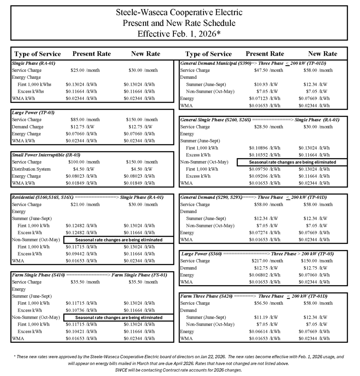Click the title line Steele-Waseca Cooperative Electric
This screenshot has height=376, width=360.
pos(179,12)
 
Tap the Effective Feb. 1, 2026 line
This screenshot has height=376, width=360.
pos(179,34)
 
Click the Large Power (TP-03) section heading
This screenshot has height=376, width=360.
pos(33,113)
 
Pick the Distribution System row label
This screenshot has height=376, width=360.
pos(31,169)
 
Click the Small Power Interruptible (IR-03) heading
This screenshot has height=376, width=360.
pos(46,155)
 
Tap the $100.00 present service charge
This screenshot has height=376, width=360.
pos(78,162)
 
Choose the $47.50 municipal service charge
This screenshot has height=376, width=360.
pos(263,70)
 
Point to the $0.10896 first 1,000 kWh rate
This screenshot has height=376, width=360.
pos(259,148)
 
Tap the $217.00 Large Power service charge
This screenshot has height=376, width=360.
pos(262,261)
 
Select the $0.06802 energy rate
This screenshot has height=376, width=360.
pos(259,275)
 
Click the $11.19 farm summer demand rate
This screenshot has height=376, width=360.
pos(263,318)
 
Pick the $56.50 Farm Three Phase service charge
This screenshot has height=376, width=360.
pos(263,303)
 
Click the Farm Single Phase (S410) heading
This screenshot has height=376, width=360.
pos(38,275)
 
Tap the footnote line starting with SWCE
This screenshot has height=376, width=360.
pos(179,370)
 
